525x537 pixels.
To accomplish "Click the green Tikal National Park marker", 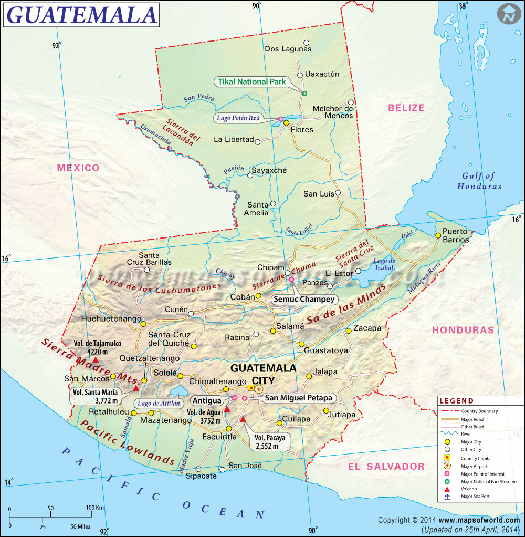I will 304,93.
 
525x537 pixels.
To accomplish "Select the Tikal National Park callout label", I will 250,82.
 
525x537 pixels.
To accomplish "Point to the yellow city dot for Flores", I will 287,123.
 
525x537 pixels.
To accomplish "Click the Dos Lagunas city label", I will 288,49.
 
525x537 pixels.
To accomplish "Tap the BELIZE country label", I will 406,108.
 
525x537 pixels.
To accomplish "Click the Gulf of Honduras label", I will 479,181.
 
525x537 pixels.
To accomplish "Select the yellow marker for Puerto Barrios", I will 438,235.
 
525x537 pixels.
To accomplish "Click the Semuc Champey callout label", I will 303,300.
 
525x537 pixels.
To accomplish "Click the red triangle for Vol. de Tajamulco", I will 96,360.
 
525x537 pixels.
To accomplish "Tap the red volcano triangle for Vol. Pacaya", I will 243,419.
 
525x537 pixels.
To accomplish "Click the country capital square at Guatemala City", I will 251,388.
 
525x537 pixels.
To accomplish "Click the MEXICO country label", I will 78,168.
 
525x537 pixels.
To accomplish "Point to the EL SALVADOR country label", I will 386,467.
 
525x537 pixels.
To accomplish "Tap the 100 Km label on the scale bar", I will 94,508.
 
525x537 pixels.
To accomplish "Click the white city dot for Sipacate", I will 198,469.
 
